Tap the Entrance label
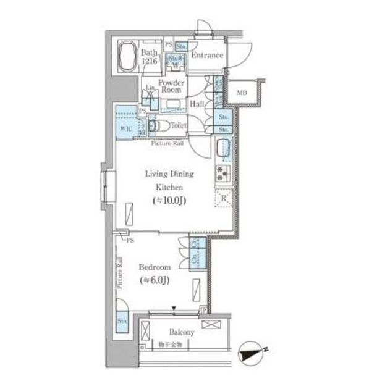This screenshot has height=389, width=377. [206, 56]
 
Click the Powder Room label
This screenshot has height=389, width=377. [169, 86]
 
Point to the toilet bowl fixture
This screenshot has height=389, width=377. [156, 127]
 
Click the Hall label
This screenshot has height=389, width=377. [198, 104]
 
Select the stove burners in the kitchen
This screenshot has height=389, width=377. [222, 174]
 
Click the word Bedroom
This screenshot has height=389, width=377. [154, 267]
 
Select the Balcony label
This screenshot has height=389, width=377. [182, 332]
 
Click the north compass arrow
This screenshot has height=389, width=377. [254, 354]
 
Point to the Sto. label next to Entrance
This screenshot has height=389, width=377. [182, 46]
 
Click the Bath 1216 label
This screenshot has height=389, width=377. [150, 57]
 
